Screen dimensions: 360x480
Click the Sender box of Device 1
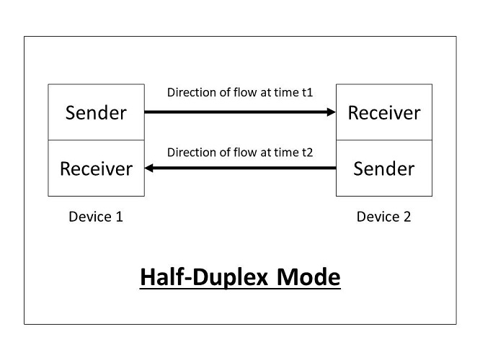pyautogui.click(x=96, y=112)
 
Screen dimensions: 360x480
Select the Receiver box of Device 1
pyautogui.click(x=96, y=168)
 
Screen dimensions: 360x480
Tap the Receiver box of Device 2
pyautogui.click(x=384, y=112)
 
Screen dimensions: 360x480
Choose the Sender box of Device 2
pyautogui.click(x=384, y=168)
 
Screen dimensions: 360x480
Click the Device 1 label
pyautogui.click(x=96, y=217)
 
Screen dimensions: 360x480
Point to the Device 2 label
pyautogui.click(x=384, y=217)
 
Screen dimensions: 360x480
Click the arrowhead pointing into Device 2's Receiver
pyautogui.click(x=332, y=112)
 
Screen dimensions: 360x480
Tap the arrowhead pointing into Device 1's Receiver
pyautogui.click(x=149, y=168)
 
